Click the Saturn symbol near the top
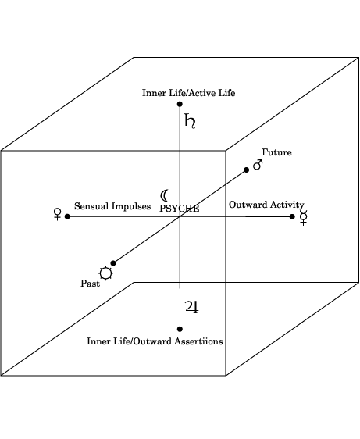pyautogui.click(x=189, y=121)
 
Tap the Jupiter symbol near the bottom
pyautogui.click(x=192, y=307)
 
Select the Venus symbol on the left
pyautogui.click(x=57, y=214)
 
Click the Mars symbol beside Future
pyautogui.click(x=258, y=165)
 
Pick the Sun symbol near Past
pyautogui.click(x=106, y=273)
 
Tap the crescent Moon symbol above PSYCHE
pyautogui.click(x=163, y=196)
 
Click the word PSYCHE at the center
pyautogui.click(x=180, y=209)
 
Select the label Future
pyautogui.click(x=276, y=152)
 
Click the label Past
pyautogui.click(x=90, y=284)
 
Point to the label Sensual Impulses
pyautogui.click(x=112, y=206)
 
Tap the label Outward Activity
pyautogui.click(x=266, y=205)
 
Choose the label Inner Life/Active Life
pyautogui.click(x=189, y=93)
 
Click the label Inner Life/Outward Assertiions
pyautogui.click(x=155, y=341)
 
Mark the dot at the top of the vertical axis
pyautogui.click(x=180, y=104)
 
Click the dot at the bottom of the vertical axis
pyautogui.click(x=180, y=329)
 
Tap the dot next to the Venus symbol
pyautogui.click(x=67, y=216)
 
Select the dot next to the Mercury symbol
pyautogui.click(x=292, y=216)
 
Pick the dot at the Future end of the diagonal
pyautogui.click(x=246, y=170)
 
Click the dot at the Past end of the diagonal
pyautogui.click(x=113, y=263)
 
